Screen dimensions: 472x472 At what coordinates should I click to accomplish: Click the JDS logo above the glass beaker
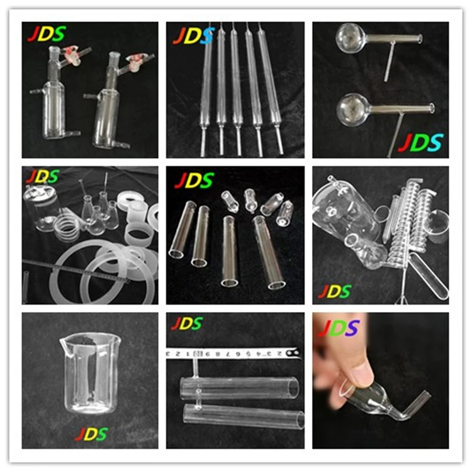[x=91, y=434]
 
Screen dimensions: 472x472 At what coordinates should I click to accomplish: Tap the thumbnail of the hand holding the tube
[x=380, y=380]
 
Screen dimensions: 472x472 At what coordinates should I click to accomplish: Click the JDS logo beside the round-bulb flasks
[x=420, y=143]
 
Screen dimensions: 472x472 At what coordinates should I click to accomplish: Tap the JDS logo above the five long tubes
[x=193, y=36]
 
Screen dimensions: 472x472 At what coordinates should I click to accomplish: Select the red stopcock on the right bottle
[x=135, y=61]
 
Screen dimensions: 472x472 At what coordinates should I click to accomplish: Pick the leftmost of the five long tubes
[x=206, y=88]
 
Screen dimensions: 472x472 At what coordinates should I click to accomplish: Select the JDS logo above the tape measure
[x=187, y=324]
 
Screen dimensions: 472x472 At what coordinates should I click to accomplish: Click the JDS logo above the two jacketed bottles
[x=46, y=33]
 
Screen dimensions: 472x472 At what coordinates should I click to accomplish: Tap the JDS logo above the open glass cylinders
[x=195, y=181]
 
